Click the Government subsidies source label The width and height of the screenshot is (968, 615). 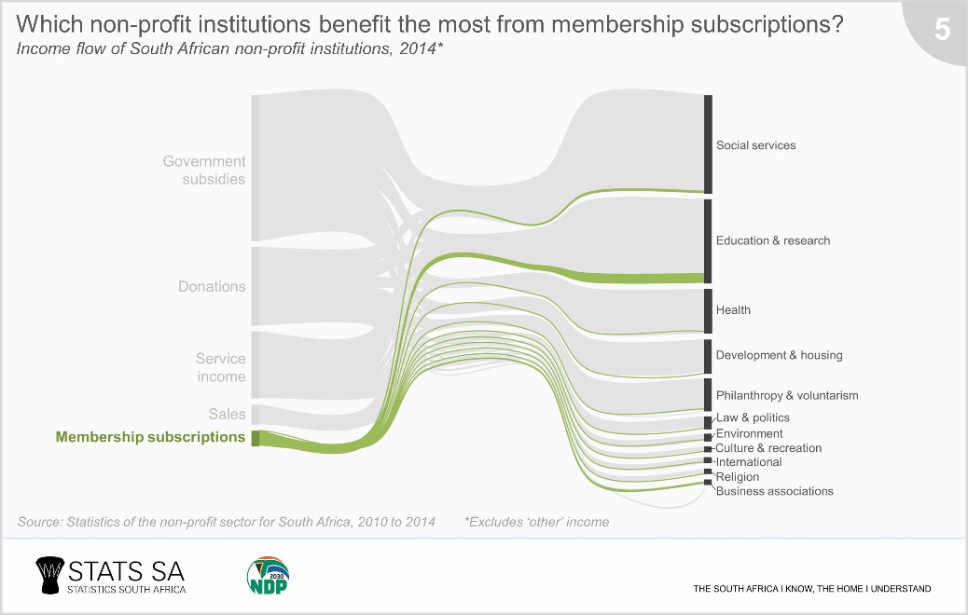[x=203, y=170]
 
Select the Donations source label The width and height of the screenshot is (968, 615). [x=212, y=287]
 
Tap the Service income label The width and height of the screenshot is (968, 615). [x=220, y=368]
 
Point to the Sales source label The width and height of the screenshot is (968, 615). [x=228, y=414]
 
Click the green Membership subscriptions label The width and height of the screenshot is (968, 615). [x=151, y=437]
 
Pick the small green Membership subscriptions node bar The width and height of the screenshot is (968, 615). [x=256, y=439]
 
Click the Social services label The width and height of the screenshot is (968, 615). [x=755, y=145]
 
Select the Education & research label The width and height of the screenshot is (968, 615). [x=772, y=240]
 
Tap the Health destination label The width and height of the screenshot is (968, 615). [x=733, y=310]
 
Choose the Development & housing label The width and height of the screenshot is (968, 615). [x=779, y=355]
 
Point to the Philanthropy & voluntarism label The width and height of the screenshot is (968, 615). [x=786, y=395]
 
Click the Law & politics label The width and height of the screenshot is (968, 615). [x=753, y=417]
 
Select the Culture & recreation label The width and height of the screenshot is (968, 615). [x=768, y=448]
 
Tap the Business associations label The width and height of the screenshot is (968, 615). [x=774, y=491]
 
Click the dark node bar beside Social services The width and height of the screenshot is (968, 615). [x=708, y=143]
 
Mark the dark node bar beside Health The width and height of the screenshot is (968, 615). [x=708, y=310]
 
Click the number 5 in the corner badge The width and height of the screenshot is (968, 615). [x=942, y=31]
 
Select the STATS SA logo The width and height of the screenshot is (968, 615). [x=110, y=575]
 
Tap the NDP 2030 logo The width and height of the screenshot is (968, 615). [x=268, y=575]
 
